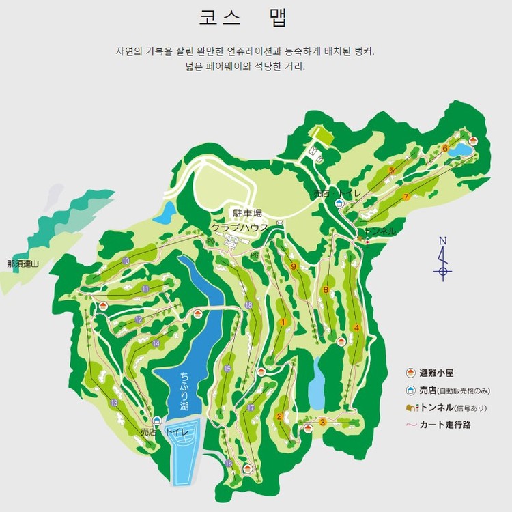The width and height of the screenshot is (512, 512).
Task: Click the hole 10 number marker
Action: (x=126, y=261)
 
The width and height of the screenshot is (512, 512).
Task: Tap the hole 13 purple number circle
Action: (x=114, y=403)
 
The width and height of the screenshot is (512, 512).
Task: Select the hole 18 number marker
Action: (x=248, y=305)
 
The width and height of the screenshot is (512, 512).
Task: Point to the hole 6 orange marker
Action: (x=445, y=148)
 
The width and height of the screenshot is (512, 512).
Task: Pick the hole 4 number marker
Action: (x=357, y=328)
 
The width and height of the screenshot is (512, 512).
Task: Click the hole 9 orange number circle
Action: (x=294, y=266)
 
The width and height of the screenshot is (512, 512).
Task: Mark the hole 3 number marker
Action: (x=323, y=422)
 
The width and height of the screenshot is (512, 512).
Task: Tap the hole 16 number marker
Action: (x=229, y=464)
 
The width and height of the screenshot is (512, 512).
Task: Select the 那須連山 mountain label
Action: (x=24, y=264)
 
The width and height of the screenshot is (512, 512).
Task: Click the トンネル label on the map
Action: (x=380, y=231)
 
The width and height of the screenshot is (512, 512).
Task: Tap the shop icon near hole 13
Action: (x=157, y=421)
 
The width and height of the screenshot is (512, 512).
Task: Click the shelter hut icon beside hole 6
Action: (x=472, y=140)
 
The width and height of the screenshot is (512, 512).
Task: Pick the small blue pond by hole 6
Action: (x=461, y=149)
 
